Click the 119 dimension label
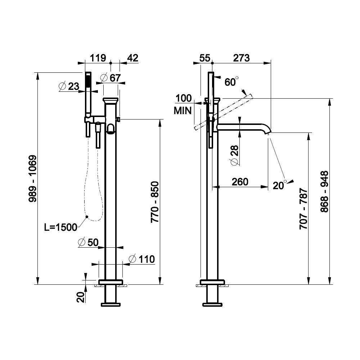(98, 58)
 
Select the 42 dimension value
(133, 58)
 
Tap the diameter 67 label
(111, 78)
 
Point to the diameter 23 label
(69, 86)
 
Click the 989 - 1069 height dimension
(33, 179)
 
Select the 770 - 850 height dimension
(155, 202)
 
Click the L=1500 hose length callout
(60, 227)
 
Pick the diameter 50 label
(88, 242)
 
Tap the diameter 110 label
(141, 259)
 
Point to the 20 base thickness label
(81, 298)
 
